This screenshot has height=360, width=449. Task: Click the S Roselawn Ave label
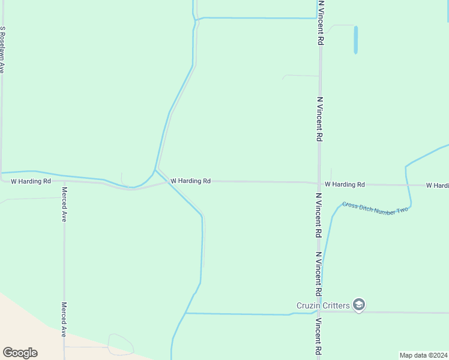click(3, 50)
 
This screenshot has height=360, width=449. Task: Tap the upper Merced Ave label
click(64, 205)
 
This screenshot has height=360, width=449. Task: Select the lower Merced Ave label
click(64, 319)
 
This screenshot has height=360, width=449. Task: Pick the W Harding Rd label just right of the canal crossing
click(190, 181)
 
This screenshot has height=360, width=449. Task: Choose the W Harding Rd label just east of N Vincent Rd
click(345, 185)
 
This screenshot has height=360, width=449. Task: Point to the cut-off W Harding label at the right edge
click(437, 185)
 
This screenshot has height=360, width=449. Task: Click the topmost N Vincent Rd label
click(321, 23)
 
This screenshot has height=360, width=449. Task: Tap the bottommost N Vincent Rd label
click(319, 337)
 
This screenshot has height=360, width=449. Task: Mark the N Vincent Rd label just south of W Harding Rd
click(319, 216)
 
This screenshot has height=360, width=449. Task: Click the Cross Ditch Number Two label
click(375, 208)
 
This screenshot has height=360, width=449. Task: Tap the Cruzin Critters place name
click(323, 305)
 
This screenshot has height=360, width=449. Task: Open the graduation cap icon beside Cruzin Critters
click(359, 305)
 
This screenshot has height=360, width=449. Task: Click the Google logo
click(20, 353)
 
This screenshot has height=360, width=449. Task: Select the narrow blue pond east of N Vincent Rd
click(355, 40)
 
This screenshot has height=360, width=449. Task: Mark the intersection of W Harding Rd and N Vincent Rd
click(319, 184)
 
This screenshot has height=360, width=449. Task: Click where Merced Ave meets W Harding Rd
click(64, 181)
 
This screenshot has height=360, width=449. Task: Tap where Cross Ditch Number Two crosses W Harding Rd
click(408, 185)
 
